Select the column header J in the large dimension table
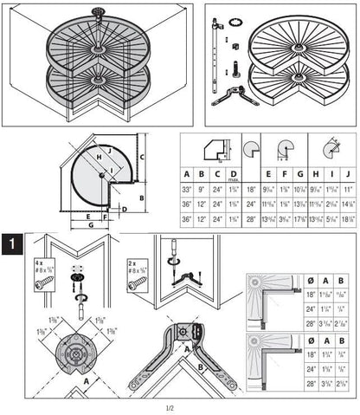point(348,173)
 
